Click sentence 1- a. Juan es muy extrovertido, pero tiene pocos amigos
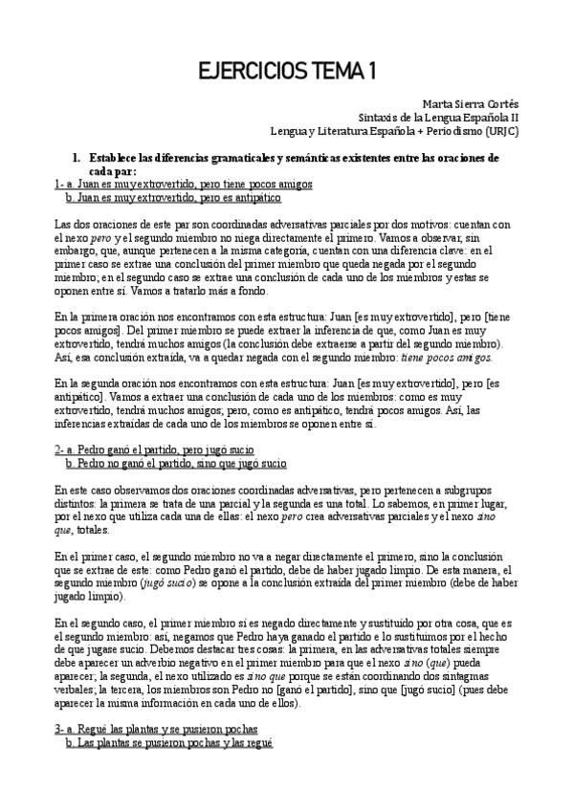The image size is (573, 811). click(183, 183)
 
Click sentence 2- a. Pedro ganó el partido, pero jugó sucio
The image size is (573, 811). click(154, 449)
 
